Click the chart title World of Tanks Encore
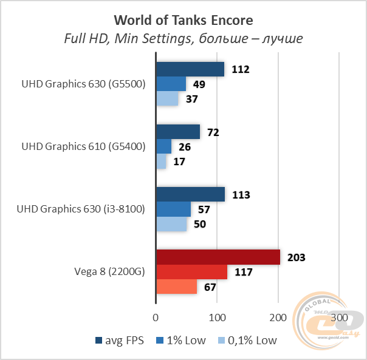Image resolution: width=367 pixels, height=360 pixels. click(x=183, y=20)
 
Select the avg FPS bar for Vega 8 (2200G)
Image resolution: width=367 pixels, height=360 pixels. click(x=218, y=257)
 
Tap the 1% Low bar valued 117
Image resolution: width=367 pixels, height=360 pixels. click(x=192, y=272)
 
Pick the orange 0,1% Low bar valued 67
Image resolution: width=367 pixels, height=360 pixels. click(x=177, y=287)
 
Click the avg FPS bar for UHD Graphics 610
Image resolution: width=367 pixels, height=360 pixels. click(x=178, y=132)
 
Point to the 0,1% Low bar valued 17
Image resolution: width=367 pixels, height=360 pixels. click(x=161, y=161)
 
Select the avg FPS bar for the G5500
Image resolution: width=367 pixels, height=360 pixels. click(x=190, y=69)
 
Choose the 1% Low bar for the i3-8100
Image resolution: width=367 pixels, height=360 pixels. click(x=174, y=209)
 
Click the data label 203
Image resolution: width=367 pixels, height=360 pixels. click(x=296, y=257)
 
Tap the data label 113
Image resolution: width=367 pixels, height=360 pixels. click(x=241, y=195)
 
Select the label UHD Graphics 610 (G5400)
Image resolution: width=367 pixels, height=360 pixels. click(x=83, y=146)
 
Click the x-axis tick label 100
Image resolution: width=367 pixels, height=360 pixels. click(x=217, y=318)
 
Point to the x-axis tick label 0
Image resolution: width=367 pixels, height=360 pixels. click(x=156, y=318)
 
